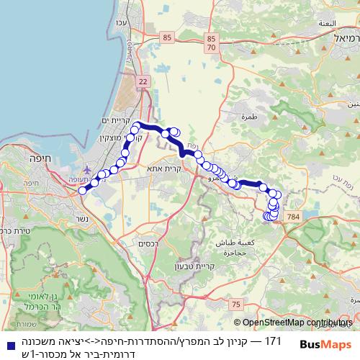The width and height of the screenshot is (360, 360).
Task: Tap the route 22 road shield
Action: [x=143, y=83]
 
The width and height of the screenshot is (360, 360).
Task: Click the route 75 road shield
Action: [x=238, y=305]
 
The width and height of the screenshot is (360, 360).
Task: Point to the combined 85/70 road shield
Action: [x=211, y=42]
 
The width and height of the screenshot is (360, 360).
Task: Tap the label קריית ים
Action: [x=115, y=120]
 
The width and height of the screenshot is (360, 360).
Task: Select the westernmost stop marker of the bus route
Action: [x=83, y=190]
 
